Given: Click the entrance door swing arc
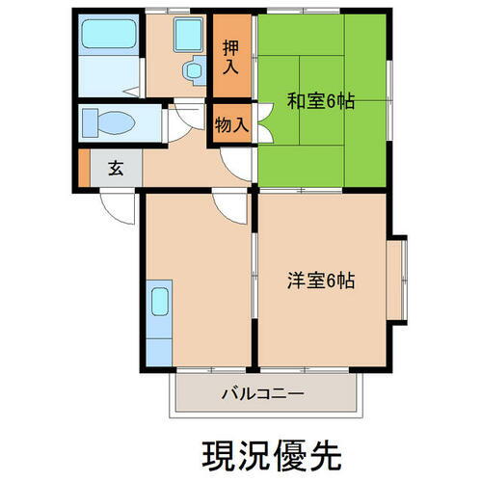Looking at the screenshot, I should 116,203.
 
